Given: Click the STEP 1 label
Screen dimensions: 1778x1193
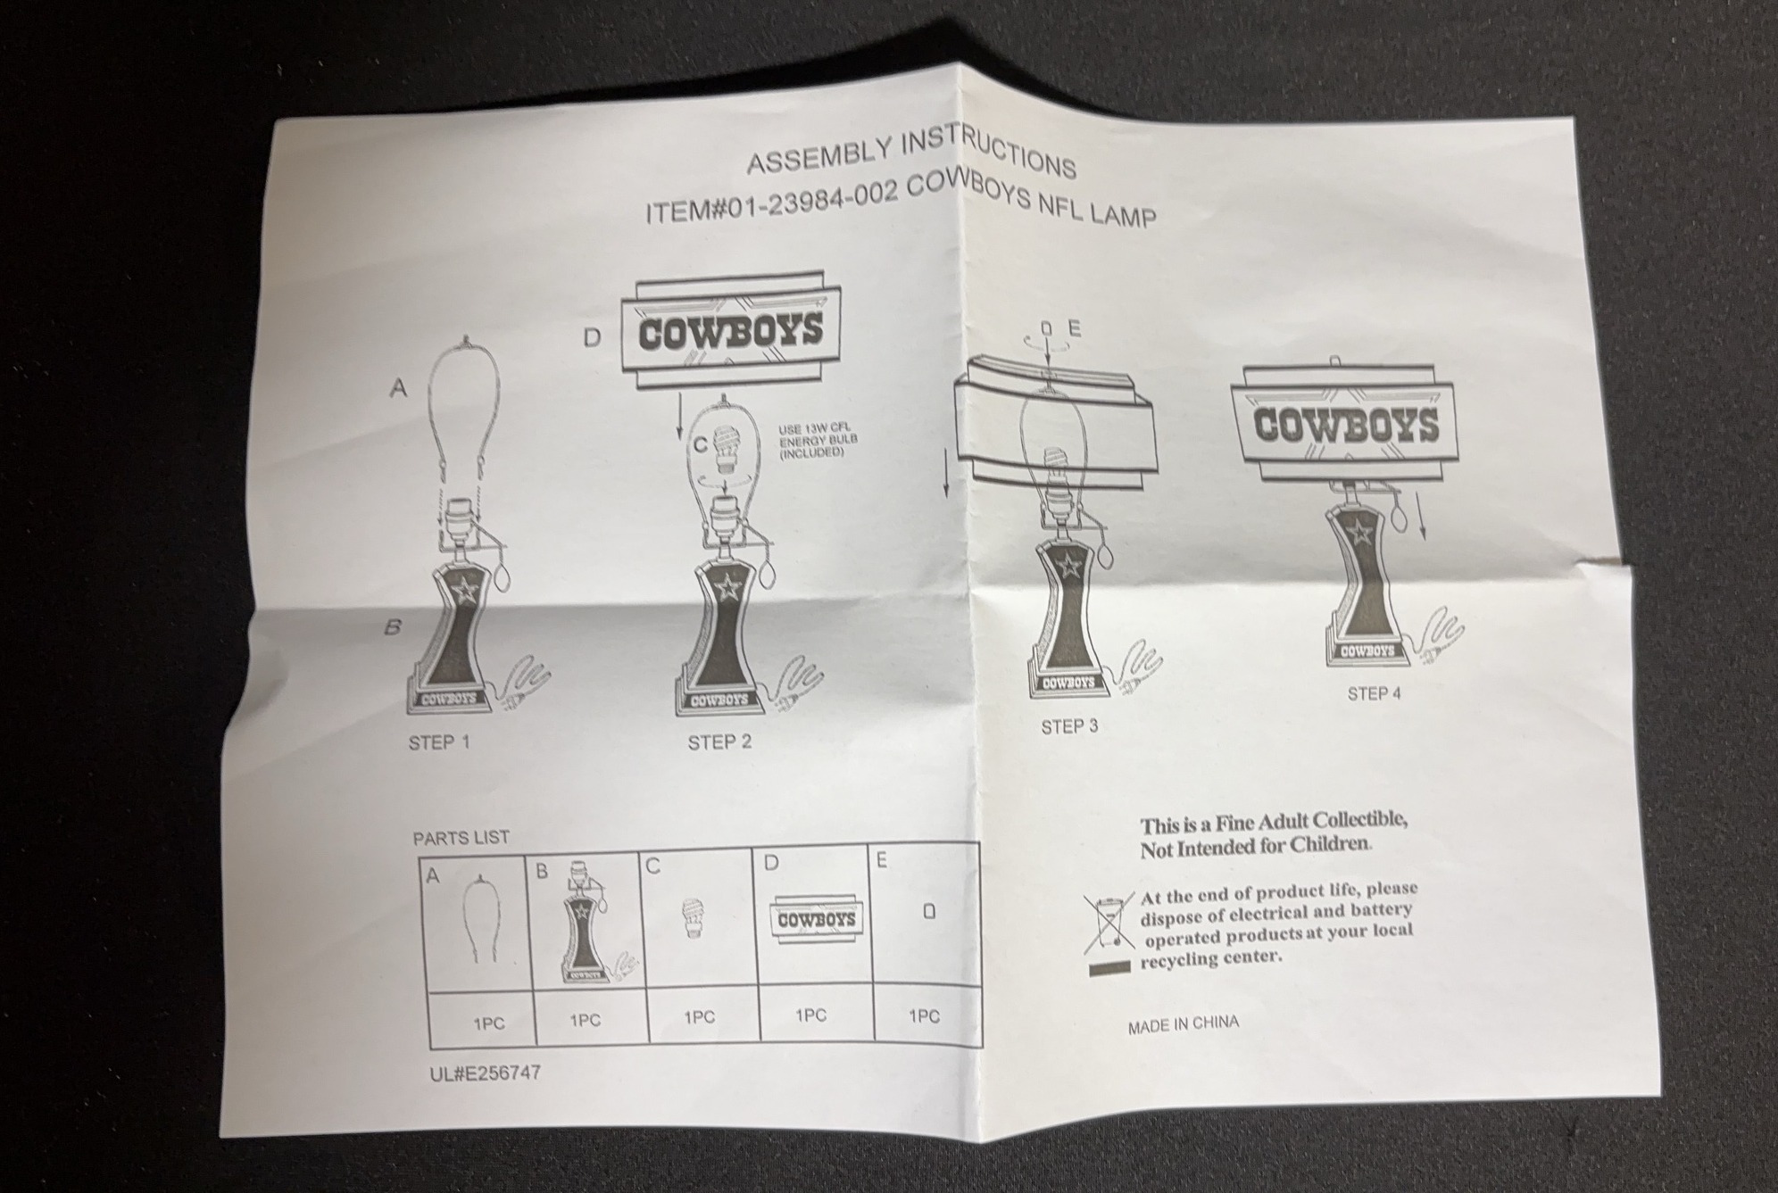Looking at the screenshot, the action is coord(438,742).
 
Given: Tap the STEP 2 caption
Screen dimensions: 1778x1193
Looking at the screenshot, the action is coord(719,742).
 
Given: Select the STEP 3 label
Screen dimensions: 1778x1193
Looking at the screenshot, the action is coord(1069,727).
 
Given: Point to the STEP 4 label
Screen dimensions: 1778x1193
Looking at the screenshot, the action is coord(1374,693).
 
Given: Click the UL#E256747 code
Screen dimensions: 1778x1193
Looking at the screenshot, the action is coord(485,1073).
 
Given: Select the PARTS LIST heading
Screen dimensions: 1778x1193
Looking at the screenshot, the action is coord(461,838).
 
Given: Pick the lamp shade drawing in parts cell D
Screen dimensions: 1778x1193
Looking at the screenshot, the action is coord(816,918).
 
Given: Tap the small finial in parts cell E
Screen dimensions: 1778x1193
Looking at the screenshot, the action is coord(929,912).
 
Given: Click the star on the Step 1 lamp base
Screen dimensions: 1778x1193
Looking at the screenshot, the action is coord(465,590).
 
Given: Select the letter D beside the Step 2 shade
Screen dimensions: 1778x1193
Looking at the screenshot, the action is coord(592,338).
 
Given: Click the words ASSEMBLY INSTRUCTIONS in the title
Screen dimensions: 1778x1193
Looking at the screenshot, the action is coord(911,153).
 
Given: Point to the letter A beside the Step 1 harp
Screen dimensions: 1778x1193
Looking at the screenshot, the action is coord(398,388).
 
